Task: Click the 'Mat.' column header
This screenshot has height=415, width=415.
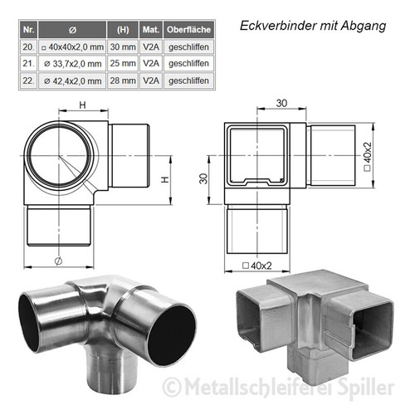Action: click(x=150, y=30)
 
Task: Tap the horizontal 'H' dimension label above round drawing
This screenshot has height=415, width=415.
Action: click(x=81, y=105)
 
